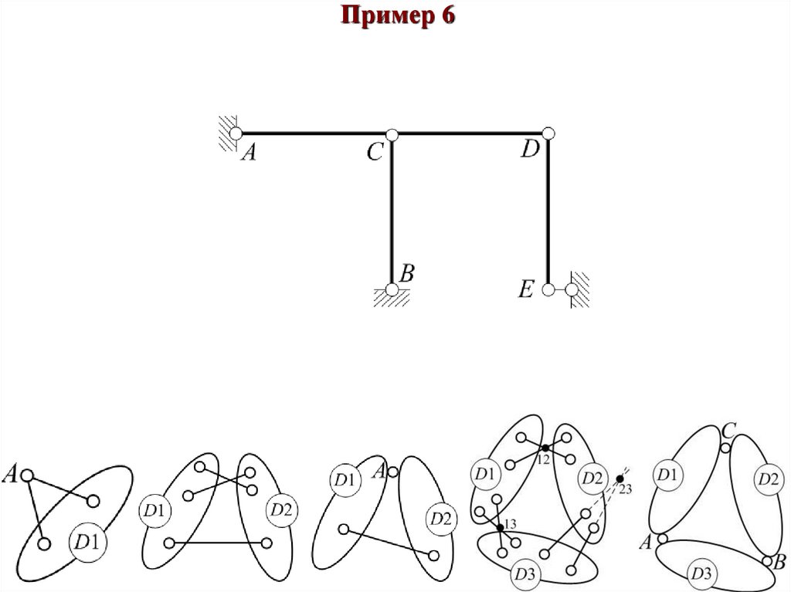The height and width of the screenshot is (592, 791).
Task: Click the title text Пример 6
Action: (x=395, y=16)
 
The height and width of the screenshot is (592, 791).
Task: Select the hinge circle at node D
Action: (x=548, y=134)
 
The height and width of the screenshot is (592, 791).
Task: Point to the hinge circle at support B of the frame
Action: (x=392, y=290)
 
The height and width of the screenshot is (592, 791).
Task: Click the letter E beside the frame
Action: (x=526, y=290)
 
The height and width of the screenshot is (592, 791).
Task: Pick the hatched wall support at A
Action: (x=226, y=132)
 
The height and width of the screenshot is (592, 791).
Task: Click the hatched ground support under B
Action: (x=392, y=300)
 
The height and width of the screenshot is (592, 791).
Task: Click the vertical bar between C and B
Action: (x=392, y=212)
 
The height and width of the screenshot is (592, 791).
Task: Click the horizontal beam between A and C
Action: (x=313, y=134)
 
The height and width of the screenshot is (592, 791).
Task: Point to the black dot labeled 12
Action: (x=545, y=448)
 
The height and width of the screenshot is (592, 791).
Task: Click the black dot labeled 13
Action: (x=501, y=527)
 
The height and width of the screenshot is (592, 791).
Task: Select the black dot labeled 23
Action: (x=620, y=479)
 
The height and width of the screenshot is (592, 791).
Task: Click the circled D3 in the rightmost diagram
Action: (x=702, y=573)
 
